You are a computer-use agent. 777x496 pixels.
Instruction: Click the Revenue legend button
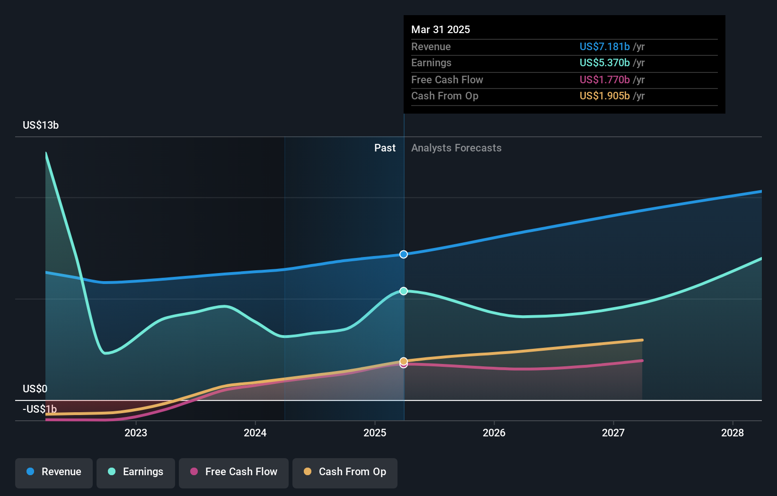[54, 472]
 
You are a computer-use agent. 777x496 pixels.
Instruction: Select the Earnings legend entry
[136, 472]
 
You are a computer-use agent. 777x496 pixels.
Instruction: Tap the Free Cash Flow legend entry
[234, 472]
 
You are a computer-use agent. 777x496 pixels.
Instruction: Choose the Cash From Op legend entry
[345, 472]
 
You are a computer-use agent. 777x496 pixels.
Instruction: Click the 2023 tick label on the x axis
[136, 433]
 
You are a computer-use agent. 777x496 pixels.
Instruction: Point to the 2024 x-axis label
[255, 433]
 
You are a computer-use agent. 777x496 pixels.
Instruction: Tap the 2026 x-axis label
[494, 433]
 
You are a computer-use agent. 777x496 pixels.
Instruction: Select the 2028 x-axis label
[733, 433]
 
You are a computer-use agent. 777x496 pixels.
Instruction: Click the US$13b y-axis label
[41, 125]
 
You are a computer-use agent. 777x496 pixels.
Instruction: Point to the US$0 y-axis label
[35, 389]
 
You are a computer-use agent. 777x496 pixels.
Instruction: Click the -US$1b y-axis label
[40, 409]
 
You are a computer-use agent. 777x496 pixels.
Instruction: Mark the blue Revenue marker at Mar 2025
[404, 254]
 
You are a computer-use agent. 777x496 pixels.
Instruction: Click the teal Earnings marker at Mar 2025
[404, 291]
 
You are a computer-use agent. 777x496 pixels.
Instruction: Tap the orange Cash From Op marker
[404, 361]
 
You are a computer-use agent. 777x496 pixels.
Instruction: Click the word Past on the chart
[385, 148]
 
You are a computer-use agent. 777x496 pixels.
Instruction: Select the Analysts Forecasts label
[456, 148]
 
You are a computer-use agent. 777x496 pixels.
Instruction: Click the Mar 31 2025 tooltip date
[441, 29]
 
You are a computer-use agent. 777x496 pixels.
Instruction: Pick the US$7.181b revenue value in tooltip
[605, 46]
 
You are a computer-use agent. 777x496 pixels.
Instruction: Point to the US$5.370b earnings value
[605, 62]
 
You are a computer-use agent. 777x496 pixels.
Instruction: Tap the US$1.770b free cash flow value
[605, 80]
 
